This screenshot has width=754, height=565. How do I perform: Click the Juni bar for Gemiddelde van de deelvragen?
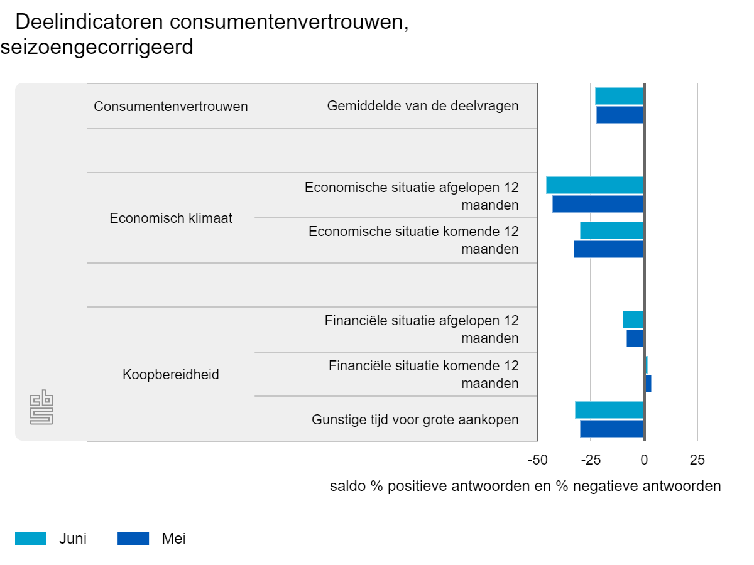pos(619,96)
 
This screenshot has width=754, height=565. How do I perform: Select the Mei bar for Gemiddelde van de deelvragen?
pos(620,115)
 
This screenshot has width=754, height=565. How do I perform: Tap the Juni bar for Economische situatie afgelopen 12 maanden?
pos(594,185)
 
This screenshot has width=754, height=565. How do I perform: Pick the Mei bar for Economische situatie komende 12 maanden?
pos(608,249)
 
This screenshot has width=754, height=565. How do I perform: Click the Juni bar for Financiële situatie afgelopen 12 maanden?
pos(633,320)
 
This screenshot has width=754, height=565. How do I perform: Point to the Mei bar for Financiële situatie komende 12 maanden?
pos(648,384)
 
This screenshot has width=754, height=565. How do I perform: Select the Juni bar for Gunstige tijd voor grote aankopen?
pos(609,410)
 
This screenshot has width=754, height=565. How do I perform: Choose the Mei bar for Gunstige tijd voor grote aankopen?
pos(611,429)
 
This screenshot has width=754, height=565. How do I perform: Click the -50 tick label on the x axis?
pos(537,460)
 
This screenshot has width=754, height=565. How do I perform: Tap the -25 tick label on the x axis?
pos(591,460)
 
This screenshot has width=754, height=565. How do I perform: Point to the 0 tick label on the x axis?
pos(644,460)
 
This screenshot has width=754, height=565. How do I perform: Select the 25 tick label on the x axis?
pos(697,460)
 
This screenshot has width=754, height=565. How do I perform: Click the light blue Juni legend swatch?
pos(31,539)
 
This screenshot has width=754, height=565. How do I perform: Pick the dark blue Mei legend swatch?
pos(133,539)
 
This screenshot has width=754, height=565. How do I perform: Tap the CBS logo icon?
pos(41,407)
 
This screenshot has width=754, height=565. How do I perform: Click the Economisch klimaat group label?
pos(171,218)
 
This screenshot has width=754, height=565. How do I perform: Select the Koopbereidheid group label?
pos(171,375)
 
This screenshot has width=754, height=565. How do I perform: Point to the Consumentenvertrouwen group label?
pos(171,107)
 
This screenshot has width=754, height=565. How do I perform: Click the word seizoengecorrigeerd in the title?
pos(97,47)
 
